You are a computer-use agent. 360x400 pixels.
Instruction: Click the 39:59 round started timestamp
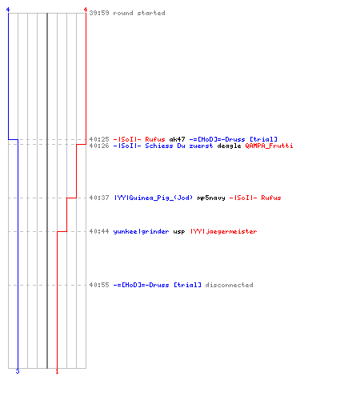click(x=99, y=13)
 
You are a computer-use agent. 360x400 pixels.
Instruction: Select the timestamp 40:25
click(x=99, y=139)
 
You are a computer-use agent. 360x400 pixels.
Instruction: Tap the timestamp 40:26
click(x=99, y=146)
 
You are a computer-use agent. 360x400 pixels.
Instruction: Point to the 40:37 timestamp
click(x=99, y=198)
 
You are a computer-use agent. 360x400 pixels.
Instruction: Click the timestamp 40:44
click(x=99, y=231)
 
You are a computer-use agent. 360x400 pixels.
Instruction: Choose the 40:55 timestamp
click(x=99, y=285)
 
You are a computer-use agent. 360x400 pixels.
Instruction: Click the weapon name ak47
click(x=177, y=139)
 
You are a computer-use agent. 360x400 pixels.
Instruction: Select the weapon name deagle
click(x=229, y=146)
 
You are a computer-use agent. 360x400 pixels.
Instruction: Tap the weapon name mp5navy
click(x=211, y=198)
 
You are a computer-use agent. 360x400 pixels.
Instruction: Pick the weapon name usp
click(x=179, y=232)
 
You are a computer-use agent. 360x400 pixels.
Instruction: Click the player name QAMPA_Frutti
click(x=269, y=146)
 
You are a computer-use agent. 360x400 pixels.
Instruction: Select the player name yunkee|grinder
click(x=141, y=231)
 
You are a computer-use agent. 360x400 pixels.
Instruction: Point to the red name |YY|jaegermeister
click(x=224, y=231)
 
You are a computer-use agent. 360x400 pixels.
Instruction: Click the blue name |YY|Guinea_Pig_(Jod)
click(x=154, y=198)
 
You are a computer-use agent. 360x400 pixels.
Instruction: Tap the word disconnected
click(x=229, y=285)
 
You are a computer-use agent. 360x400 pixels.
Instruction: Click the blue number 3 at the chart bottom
click(x=18, y=371)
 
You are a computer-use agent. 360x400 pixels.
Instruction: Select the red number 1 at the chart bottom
click(x=57, y=371)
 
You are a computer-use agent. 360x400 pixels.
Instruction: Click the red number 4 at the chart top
click(x=86, y=10)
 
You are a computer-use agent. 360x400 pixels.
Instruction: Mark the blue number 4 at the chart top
click(x=8, y=10)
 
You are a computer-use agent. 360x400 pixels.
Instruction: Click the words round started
click(x=139, y=13)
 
